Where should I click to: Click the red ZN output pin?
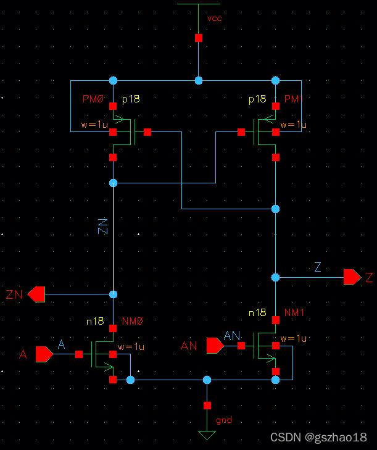click(36, 294)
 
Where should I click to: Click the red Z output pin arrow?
click(352, 277)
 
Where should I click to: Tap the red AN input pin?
click(214, 346)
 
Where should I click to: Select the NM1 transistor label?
click(294, 313)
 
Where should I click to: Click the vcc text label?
click(214, 18)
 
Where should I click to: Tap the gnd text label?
click(223, 420)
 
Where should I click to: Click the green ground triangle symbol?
click(207, 435)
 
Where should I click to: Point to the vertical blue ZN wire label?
click(103, 227)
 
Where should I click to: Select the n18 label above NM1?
click(257, 313)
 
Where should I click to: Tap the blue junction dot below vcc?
click(198, 80)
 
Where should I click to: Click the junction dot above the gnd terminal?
click(207, 380)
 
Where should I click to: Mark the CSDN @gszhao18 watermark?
click(318, 437)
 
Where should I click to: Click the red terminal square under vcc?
click(198, 38)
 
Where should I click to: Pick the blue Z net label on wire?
click(318, 267)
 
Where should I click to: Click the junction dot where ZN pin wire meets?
click(113, 294)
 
